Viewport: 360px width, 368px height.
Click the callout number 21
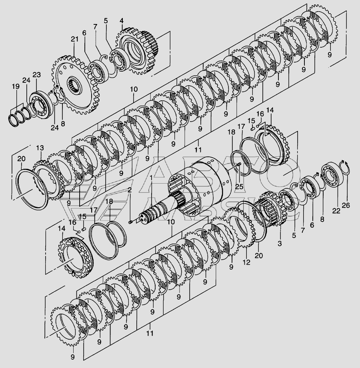pyautogui.click(x=74, y=39)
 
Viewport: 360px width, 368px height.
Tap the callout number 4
pyautogui.click(x=121, y=21)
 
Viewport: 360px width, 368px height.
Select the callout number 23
pyautogui.click(x=37, y=75)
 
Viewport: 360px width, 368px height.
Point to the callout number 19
pyautogui.click(x=16, y=86)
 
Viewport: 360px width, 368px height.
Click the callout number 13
pyautogui.click(x=40, y=148)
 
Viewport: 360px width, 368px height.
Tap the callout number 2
pyautogui.click(x=129, y=190)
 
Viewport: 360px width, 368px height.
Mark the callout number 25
pyautogui.click(x=239, y=186)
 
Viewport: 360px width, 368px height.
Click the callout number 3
pyautogui.click(x=280, y=244)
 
